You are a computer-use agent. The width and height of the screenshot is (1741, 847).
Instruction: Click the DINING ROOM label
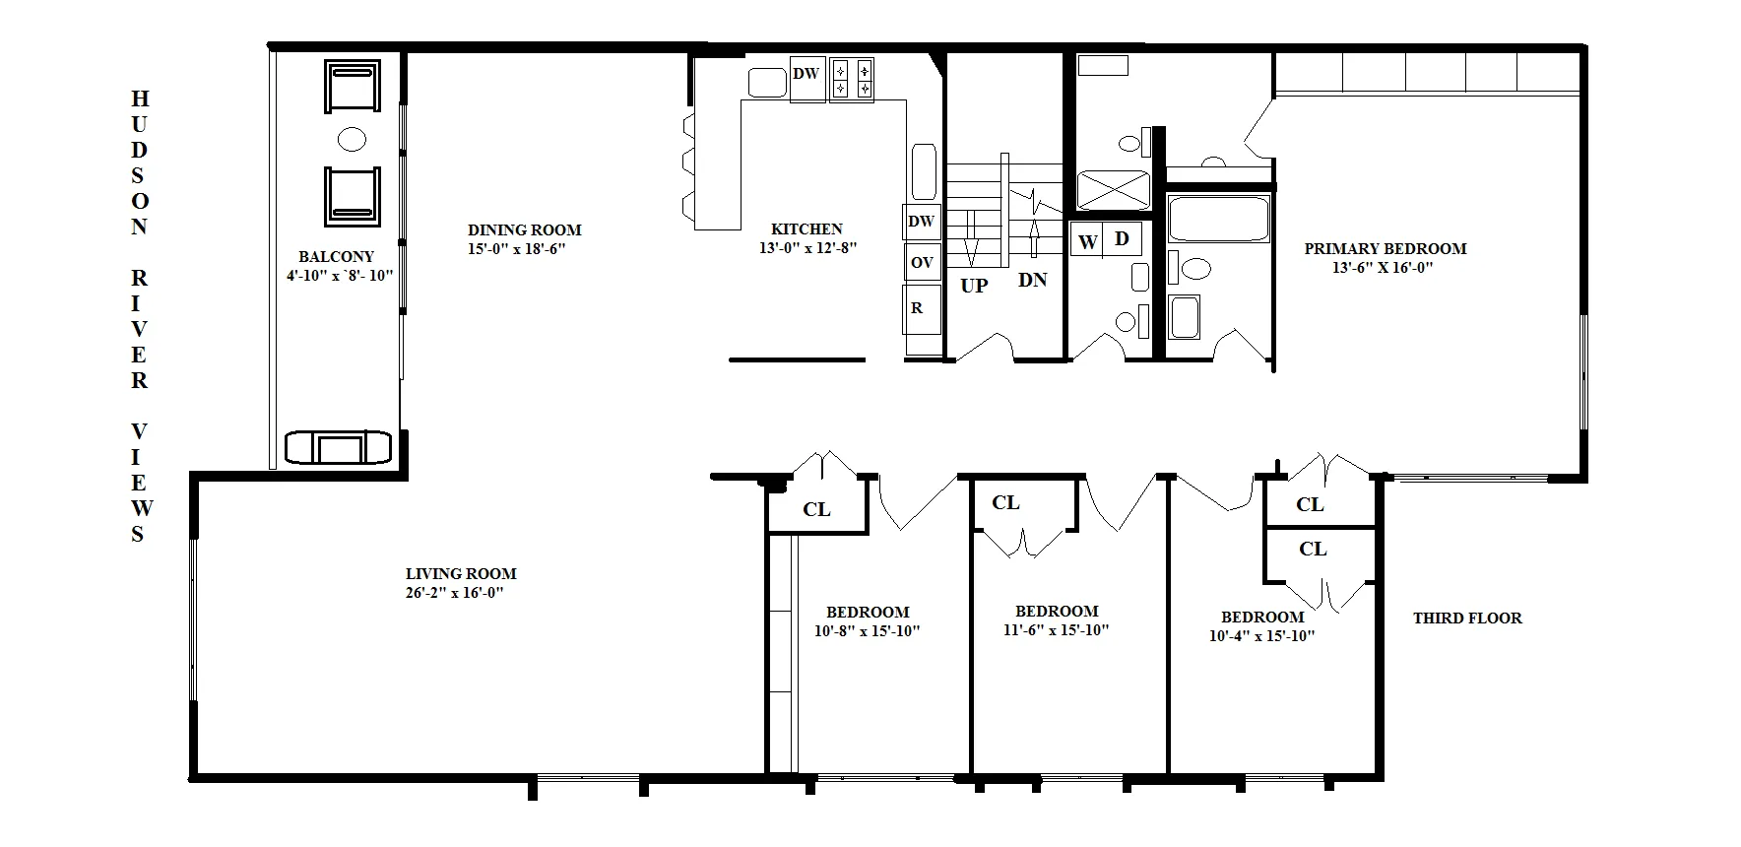click(x=524, y=230)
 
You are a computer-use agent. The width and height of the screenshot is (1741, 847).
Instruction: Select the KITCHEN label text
click(x=806, y=229)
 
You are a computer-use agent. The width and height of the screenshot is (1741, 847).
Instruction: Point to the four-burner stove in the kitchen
click(x=852, y=80)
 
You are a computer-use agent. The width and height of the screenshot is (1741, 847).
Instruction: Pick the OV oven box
click(x=922, y=263)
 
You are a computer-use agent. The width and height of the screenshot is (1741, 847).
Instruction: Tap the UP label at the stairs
click(x=973, y=287)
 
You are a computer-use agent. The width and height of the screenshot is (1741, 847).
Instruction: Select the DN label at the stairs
click(x=1032, y=281)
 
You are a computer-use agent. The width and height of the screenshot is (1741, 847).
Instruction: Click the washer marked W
click(x=1087, y=242)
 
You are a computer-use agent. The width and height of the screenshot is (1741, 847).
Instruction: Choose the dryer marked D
click(x=1122, y=239)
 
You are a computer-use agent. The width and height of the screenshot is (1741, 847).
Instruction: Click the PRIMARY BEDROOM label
click(x=1385, y=249)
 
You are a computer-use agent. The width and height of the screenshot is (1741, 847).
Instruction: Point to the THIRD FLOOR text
click(x=1466, y=619)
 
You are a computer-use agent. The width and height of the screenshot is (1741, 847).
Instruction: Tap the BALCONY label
click(x=337, y=257)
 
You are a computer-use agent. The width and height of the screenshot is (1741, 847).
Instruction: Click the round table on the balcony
click(x=352, y=139)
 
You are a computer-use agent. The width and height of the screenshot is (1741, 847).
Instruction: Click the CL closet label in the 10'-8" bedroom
click(x=816, y=509)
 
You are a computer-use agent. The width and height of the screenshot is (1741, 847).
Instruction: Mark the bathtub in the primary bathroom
click(x=1217, y=219)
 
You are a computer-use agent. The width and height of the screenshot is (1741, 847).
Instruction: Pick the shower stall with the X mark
click(x=1114, y=191)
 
